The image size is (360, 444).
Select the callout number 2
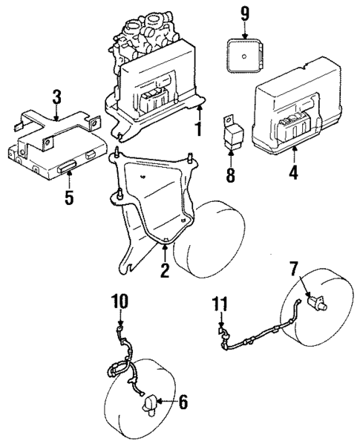tap(165, 270)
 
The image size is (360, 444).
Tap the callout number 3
tap(56, 97)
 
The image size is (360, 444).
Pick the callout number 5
tap(68, 199)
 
